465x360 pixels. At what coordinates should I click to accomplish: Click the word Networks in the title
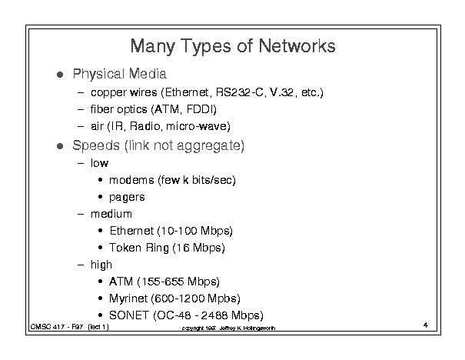tap(297, 45)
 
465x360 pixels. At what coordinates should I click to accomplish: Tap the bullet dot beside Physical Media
tap(60, 74)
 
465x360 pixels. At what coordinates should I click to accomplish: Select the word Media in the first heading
tap(148, 74)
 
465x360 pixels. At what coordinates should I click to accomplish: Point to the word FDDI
tap(200, 109)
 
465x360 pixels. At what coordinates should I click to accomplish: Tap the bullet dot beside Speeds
tap(60, 146)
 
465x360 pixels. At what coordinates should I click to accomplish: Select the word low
tap(100, 163)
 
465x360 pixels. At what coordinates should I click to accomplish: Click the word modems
tap(131, 180)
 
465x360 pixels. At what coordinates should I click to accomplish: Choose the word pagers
tap(127, 198)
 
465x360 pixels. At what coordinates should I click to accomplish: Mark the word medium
tap(111, 214)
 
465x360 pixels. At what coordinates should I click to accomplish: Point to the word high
tap(101, 265)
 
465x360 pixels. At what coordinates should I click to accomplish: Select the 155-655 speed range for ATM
tap(163, 282)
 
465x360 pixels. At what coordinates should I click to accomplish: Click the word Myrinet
tap(128, 298)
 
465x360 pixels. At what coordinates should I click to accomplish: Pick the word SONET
tap(129, 315)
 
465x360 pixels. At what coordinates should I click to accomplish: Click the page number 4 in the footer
tap(426, 325)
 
